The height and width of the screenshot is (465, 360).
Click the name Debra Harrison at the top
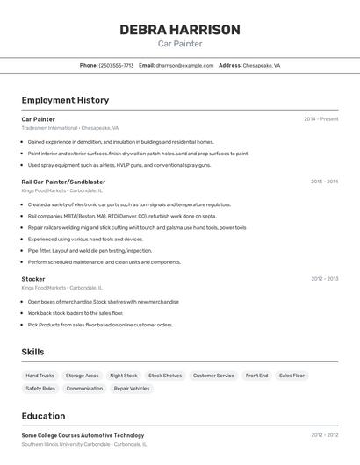(179, 30)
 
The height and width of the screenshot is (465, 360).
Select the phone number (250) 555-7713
(117, 65)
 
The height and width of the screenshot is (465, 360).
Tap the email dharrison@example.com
(184, 65)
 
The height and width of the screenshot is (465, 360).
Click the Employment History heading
(65, 100)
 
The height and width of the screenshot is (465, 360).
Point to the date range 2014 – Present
(320, 119)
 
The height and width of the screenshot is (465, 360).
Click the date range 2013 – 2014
(324, 182)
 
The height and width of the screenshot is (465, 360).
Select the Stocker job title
(33, 279)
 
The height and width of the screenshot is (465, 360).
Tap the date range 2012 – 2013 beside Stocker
(324, 279)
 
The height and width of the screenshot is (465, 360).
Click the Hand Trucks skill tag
(40, 376)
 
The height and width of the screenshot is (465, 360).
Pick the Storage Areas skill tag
(82, 376)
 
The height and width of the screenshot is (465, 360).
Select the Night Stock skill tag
(124, 376)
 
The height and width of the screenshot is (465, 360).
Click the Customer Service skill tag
(213, 376)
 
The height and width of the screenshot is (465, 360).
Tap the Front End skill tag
(256, 376)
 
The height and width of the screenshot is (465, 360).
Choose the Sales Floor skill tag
(292, 376)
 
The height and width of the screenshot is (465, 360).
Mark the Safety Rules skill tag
(40, 388)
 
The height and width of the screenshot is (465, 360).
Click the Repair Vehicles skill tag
(132, 388)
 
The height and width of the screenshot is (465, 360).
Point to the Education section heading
(43, 416)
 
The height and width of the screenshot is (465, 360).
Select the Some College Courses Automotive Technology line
(83, 435)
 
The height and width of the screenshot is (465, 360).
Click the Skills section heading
(33, 352)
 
